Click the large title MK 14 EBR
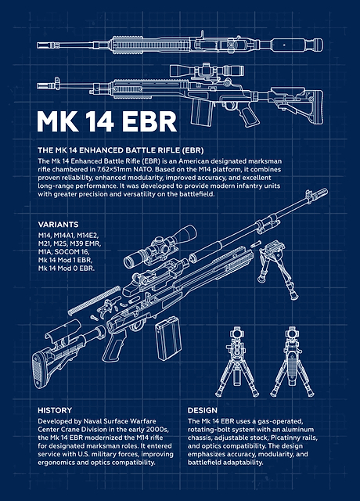[106, 121]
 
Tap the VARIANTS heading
[58, 225]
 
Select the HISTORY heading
[55, 410]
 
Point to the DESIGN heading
[203, 410]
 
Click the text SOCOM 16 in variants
[71, 252]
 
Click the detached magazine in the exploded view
[168, 338]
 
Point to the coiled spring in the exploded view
[94, 301]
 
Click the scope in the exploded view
[160, 247]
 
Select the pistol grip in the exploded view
[114, 346]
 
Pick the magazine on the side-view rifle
[202, 111]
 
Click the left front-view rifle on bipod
[236, 362]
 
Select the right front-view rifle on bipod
[292, 362]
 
